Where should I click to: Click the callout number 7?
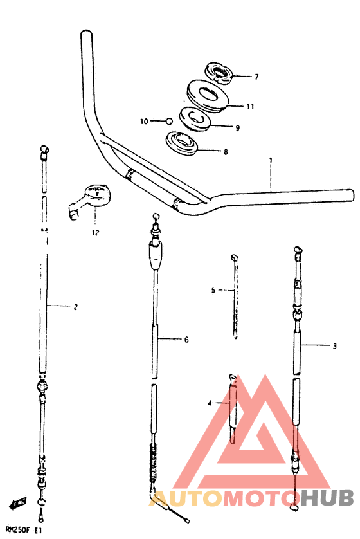tap(256, 77)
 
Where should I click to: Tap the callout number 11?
tap(251, 107)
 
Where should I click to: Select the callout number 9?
tap(237, 128)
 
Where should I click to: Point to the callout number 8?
tap(226, 152)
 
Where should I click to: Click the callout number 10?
tap(144, 122)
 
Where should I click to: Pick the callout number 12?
tap(95, 233)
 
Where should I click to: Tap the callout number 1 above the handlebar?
tap(271, 160)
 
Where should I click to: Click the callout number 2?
tap(76, 307)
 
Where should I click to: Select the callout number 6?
tap(186, 340)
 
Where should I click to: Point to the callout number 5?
tap(213, 291)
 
